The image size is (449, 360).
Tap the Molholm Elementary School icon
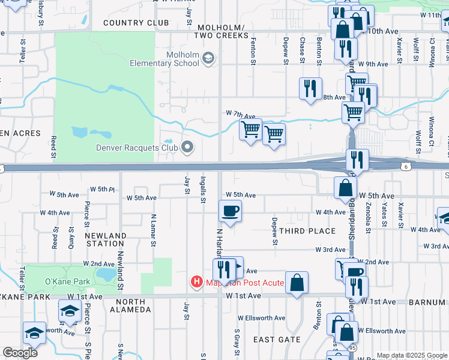(208, 58)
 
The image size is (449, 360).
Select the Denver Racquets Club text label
(137, 148)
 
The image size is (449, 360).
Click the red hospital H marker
(196, 281)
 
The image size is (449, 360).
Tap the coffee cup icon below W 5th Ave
(231, 211)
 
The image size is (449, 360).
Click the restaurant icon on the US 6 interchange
(357, 160)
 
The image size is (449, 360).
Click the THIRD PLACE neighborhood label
(307, 231)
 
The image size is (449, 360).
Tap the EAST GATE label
(277, 340)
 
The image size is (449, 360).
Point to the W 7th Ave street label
(241, 113)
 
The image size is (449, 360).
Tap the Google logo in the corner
(20, 353)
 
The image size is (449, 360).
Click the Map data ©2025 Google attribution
(411, 355)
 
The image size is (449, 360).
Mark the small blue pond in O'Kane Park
(107, 275)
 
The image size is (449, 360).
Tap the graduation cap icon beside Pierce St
(70, 311)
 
